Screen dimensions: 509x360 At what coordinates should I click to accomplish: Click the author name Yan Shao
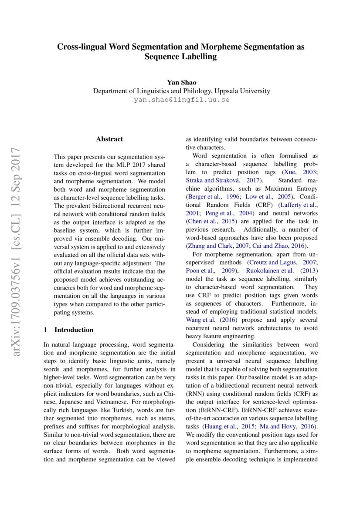click(x=181, y=82)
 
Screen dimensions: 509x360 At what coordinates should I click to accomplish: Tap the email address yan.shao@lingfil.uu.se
click(x=181, y=100)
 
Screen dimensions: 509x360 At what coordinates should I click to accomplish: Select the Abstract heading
click(x=109, y=139)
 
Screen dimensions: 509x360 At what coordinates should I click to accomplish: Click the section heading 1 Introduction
click(x=69, y=330)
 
